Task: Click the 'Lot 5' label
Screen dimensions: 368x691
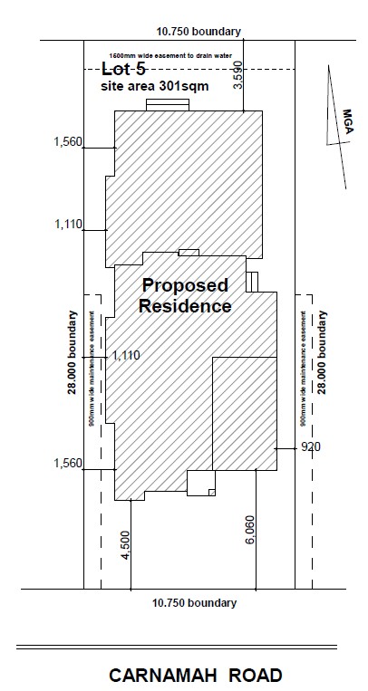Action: pos(123,69)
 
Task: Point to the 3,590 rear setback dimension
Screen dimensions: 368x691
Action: pos(238,75)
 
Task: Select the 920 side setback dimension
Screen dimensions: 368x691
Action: pos(311,446)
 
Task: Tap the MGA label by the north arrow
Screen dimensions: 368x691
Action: pos(348,121)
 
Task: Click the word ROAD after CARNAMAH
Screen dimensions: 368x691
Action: pos(257,676)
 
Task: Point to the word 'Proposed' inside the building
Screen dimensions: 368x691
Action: pos(185,285)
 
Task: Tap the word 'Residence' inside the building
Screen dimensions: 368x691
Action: pos(185,306)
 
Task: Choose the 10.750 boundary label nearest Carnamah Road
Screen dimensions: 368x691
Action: pos(195,603)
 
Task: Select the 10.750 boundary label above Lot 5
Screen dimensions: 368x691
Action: pos(199,32)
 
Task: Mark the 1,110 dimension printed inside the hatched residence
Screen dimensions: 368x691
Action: pos(126,355)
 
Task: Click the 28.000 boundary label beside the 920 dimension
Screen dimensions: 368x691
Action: pos(323,352)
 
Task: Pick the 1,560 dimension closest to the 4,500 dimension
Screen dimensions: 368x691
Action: pos(68,463)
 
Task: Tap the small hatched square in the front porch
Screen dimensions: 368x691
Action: pos(212,493)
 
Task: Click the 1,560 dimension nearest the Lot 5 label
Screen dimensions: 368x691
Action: pos(68,142)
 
